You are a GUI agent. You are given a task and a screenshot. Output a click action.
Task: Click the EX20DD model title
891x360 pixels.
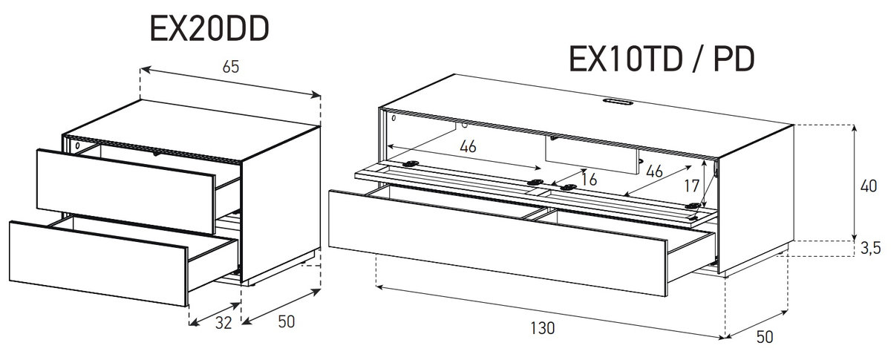pos(209,29)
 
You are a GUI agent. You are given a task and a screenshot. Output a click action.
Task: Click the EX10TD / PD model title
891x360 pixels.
pos(662,59)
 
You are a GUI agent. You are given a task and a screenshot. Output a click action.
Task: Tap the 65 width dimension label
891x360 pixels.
pos(231,67)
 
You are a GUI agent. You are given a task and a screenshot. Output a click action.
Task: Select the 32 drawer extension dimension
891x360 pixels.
pos(223,323)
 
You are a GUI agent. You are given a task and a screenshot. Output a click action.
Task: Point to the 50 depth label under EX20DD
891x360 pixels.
pos(287,322)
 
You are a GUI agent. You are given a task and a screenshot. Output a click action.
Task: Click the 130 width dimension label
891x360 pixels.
pos(543,328)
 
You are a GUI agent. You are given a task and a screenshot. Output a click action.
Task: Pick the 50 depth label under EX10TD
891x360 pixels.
pos(765,337)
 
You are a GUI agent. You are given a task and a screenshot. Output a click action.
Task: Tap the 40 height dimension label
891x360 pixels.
pos(868,186)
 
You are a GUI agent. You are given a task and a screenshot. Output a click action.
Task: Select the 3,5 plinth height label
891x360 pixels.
pos(871,248)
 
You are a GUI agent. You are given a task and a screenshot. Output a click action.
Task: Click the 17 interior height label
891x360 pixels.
pos(692,186)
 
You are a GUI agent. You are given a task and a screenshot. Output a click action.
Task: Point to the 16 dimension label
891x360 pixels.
pos(589,180)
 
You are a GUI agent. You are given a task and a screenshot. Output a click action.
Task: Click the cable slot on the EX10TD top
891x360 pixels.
pos(617,102)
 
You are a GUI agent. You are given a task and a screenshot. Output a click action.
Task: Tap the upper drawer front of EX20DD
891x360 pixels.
pos(125,192)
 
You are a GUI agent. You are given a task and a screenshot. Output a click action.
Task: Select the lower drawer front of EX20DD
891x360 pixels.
pos(98,264)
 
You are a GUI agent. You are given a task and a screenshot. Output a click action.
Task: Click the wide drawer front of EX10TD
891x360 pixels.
pos(497,243)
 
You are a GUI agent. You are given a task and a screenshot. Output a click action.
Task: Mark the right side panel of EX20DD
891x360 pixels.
pos(281,204)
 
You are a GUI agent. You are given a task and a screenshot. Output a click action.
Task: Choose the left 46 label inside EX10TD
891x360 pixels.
pos(468,146)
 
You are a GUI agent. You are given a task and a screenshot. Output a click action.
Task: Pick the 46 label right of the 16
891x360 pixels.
pos(654,171)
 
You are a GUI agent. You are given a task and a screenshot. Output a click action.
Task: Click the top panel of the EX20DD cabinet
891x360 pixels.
pos(192,130)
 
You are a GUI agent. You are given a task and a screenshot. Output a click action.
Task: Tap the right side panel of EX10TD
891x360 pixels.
pos(757,199)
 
